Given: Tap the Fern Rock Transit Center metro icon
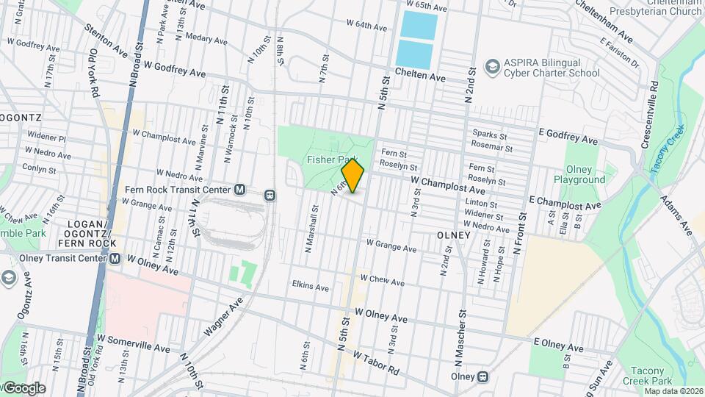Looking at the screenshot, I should pyautogui.click(x=239, y=190).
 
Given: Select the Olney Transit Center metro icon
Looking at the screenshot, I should pyautogui.click(x=115, y=258).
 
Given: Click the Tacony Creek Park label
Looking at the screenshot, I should pyautogui.click(x=652, y=376).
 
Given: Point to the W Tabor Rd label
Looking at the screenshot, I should pyautogui.click(x=375, y=361).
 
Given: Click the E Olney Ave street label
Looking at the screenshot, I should pyautogui.click(x=558, y=345).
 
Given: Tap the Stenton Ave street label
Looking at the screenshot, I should pyautogui.click(x=106, y=42).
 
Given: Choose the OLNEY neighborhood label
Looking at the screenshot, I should pyautogui.click(x=453, y=235).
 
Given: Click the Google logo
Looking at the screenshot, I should pyautogui.click(x=24, y=387).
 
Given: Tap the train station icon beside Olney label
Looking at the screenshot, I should pyautogui.click(x=482, y=376).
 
